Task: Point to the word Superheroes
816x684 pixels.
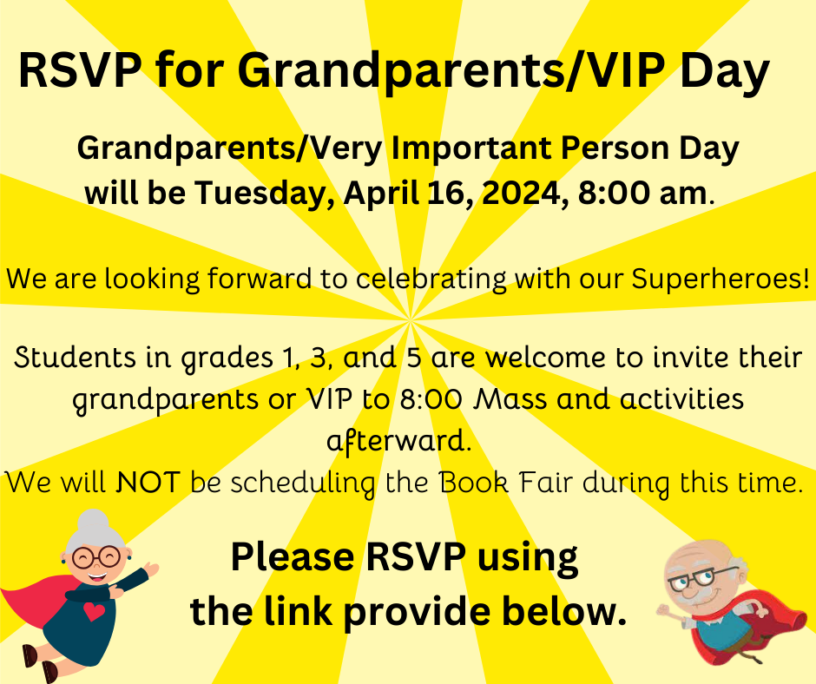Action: click(x=721, y=279)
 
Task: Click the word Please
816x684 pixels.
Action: click(x=293, y=557)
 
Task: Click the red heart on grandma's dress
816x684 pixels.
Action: click(x=94, y=611)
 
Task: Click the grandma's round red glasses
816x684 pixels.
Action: click(x=95, y=557)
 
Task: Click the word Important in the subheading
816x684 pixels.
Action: click(x=471, y=149)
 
